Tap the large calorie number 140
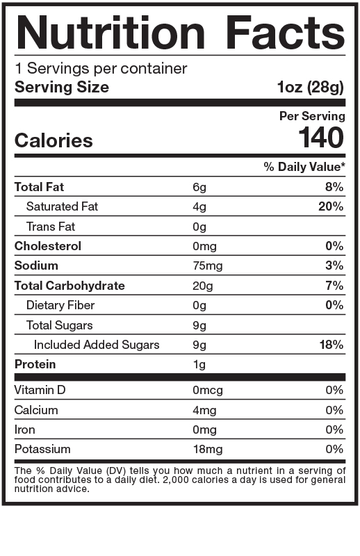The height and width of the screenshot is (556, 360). [321, 138]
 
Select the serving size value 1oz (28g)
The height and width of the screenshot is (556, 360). [310, 88]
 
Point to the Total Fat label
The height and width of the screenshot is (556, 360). [39, 187]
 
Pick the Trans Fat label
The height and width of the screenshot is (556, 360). [51, 227]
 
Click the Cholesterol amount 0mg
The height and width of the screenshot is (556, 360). [204, 246]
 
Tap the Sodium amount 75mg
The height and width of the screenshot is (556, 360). [207, 265]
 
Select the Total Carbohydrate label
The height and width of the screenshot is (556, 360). [69, 286]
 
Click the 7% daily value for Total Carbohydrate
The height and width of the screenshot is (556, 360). [335, 286]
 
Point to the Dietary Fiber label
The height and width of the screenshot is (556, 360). [60, 305]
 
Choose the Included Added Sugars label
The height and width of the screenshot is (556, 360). [97, 345]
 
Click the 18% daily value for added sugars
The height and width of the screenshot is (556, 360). [332, 345]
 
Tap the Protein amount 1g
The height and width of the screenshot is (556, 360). [199, 364]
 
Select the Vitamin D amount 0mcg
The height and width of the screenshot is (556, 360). [207, 390]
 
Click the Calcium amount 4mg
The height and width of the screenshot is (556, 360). [204, 410]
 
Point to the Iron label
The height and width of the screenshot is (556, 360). [24, 430]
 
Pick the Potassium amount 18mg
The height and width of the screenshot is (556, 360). [207, 450]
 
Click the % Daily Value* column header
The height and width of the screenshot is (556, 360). [304, 167]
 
